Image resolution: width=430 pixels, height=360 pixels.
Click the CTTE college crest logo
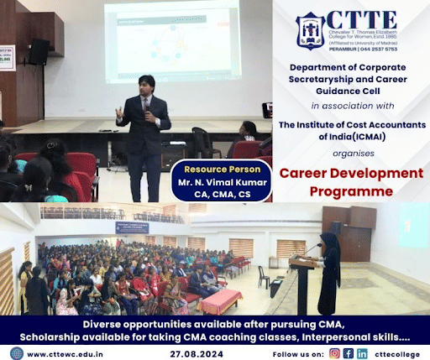[x=311, y=30]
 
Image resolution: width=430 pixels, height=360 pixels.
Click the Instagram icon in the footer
[x=335, y=352]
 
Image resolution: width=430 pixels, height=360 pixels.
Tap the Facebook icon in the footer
[x=349, y=352]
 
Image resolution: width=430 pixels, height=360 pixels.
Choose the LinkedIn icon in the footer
[x=362, y=352]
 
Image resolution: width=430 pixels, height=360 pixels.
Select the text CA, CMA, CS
[x=221, y=191]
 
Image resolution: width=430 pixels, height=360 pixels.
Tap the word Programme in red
[x=350, y=191]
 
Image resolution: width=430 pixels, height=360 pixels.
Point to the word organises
[x=350, y=154]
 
